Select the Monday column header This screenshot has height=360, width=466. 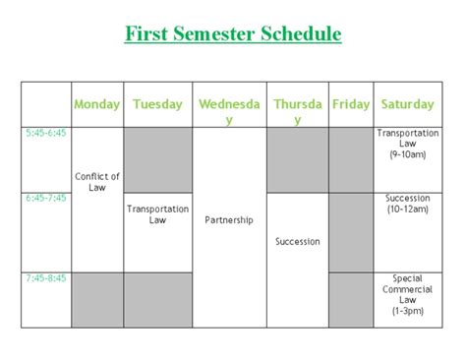coord(97,104)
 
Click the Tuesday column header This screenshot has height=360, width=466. coord(157,104)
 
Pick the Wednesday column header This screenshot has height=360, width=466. coord(229,111)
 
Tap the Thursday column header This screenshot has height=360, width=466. coord(297,111)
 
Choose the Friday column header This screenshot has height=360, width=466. coord(351,104)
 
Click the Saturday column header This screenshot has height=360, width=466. coord(408,104)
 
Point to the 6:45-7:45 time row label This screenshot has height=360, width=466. coord(46,198)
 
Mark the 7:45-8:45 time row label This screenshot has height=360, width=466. coord(46,278)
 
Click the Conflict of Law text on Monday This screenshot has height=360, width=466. coord(97,182)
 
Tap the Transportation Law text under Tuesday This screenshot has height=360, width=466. coord(158,214)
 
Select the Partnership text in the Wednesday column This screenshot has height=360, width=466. coord(229,220)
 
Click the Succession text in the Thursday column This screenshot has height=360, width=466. coord(297,241)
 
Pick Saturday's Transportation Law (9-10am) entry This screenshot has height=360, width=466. coord(408,143)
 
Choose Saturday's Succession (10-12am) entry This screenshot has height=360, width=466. coord(408,204)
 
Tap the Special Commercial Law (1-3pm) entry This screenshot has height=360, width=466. coord(408,294)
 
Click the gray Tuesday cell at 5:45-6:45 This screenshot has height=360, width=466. coord(158,158)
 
